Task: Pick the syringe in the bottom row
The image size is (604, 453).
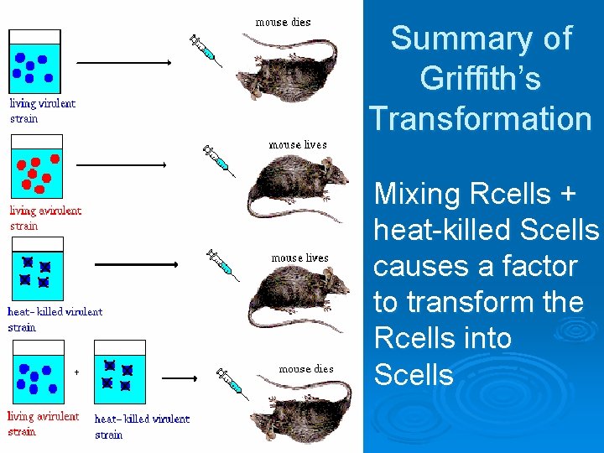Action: click(x=228, y=381)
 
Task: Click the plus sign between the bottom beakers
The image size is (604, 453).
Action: click(x=76, y=372)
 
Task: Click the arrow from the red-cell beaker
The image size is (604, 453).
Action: click(x=127, y=165)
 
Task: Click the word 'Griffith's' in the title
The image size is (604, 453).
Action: click(x=480, y=79)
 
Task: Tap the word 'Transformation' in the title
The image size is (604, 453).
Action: click(x=481, y=118)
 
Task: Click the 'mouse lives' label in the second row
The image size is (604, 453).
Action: click(x=298, y=145)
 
